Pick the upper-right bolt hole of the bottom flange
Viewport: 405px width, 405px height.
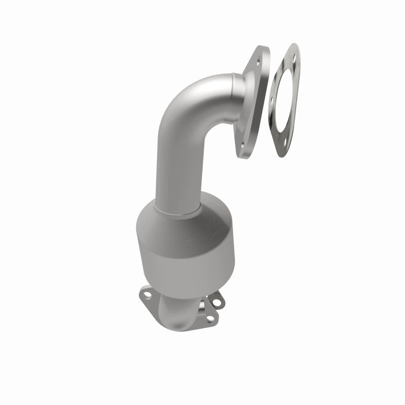tap(217, 302)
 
